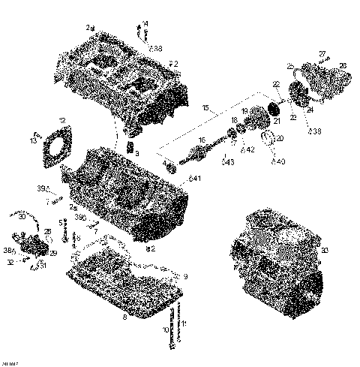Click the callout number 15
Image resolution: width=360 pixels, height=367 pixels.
click(204, 109)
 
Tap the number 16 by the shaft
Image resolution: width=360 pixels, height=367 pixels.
click(201, 140)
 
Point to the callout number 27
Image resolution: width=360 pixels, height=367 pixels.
click(322, 53)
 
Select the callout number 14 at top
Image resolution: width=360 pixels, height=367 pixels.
click(145, 23)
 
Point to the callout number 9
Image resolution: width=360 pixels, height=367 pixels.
click(186, 277)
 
